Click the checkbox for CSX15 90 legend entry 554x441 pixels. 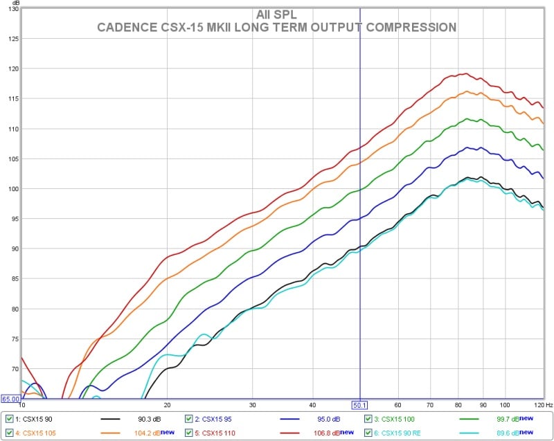[8, 419]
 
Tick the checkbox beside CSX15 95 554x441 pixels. [189, 419]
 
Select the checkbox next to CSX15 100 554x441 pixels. [368, 419]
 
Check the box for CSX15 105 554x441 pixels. [8, 432]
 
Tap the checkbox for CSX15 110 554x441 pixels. [189, 432]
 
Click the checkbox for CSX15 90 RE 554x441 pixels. [368, 432]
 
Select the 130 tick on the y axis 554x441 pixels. [12, 9]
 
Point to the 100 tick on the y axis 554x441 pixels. [12, 189]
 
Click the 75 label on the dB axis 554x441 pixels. [13, 339]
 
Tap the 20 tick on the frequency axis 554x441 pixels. [167, 404]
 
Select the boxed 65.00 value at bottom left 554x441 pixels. [10, 399]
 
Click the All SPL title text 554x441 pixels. [276, 15]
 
